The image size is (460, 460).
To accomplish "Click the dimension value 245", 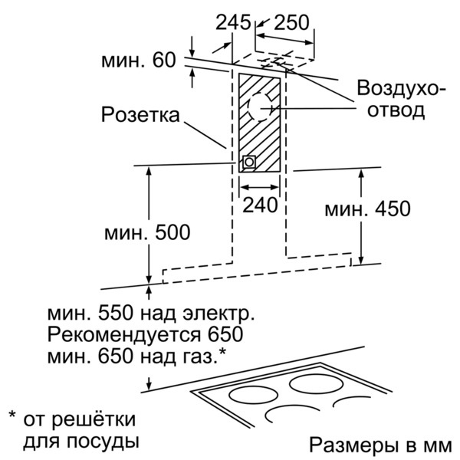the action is point(234,22).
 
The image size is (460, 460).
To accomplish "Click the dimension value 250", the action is point(291,22).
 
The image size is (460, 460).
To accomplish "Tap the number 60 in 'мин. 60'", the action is point(164,60).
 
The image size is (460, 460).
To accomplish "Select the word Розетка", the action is point(140,114).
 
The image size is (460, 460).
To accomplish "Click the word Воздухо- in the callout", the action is point(401,88).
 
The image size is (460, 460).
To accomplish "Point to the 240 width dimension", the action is point(260,205).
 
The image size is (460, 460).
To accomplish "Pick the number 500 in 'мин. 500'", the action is point(172,232).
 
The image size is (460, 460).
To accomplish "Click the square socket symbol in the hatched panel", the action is point(249,162).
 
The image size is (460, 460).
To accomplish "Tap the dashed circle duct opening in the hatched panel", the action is point(260,107).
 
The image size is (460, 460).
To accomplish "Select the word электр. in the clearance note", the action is point(219,313).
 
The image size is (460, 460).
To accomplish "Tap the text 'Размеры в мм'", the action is point(380,445).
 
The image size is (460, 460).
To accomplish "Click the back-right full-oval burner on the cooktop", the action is point(316,384).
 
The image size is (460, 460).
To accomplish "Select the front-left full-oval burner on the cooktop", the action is point(253,395).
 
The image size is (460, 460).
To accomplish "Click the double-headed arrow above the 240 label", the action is point(259,187).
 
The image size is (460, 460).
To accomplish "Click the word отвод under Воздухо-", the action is point(396,110).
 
